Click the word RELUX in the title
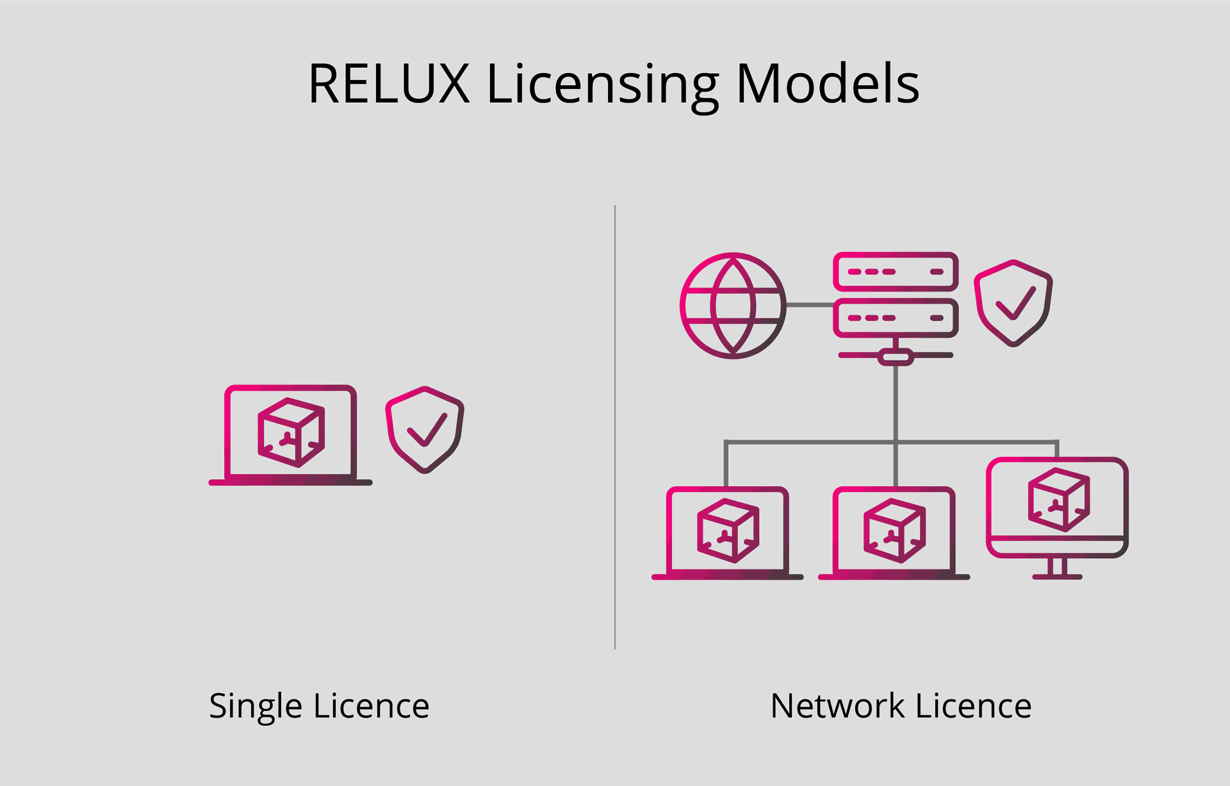pyautogui.click(x=389, y=84)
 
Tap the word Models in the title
pyautogui.click(x=828, y=84)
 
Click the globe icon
pyautogui.click(x=733, y=306)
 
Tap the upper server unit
pyautogui.click(x=896, y=272)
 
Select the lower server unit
pyautogui.click(x=896, y=318)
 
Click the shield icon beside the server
pyautogui.click(x=1013, y=302)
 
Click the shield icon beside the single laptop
pyautogui.click(x=424, y=429)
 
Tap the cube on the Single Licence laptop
pyautogui.click(x=291, y=432)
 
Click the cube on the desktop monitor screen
pyautogui.click(x=1058, y=500)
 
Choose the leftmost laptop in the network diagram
pyautogui.click(x=727, y=533)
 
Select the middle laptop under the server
pyautogui.click(x=894, y=533)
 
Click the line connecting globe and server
pyautogui.click(x=809, y=305)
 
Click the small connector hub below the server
pyautogui.click(x=896, y=356)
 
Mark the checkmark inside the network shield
pyautogui.click(x=1015, y=302)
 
